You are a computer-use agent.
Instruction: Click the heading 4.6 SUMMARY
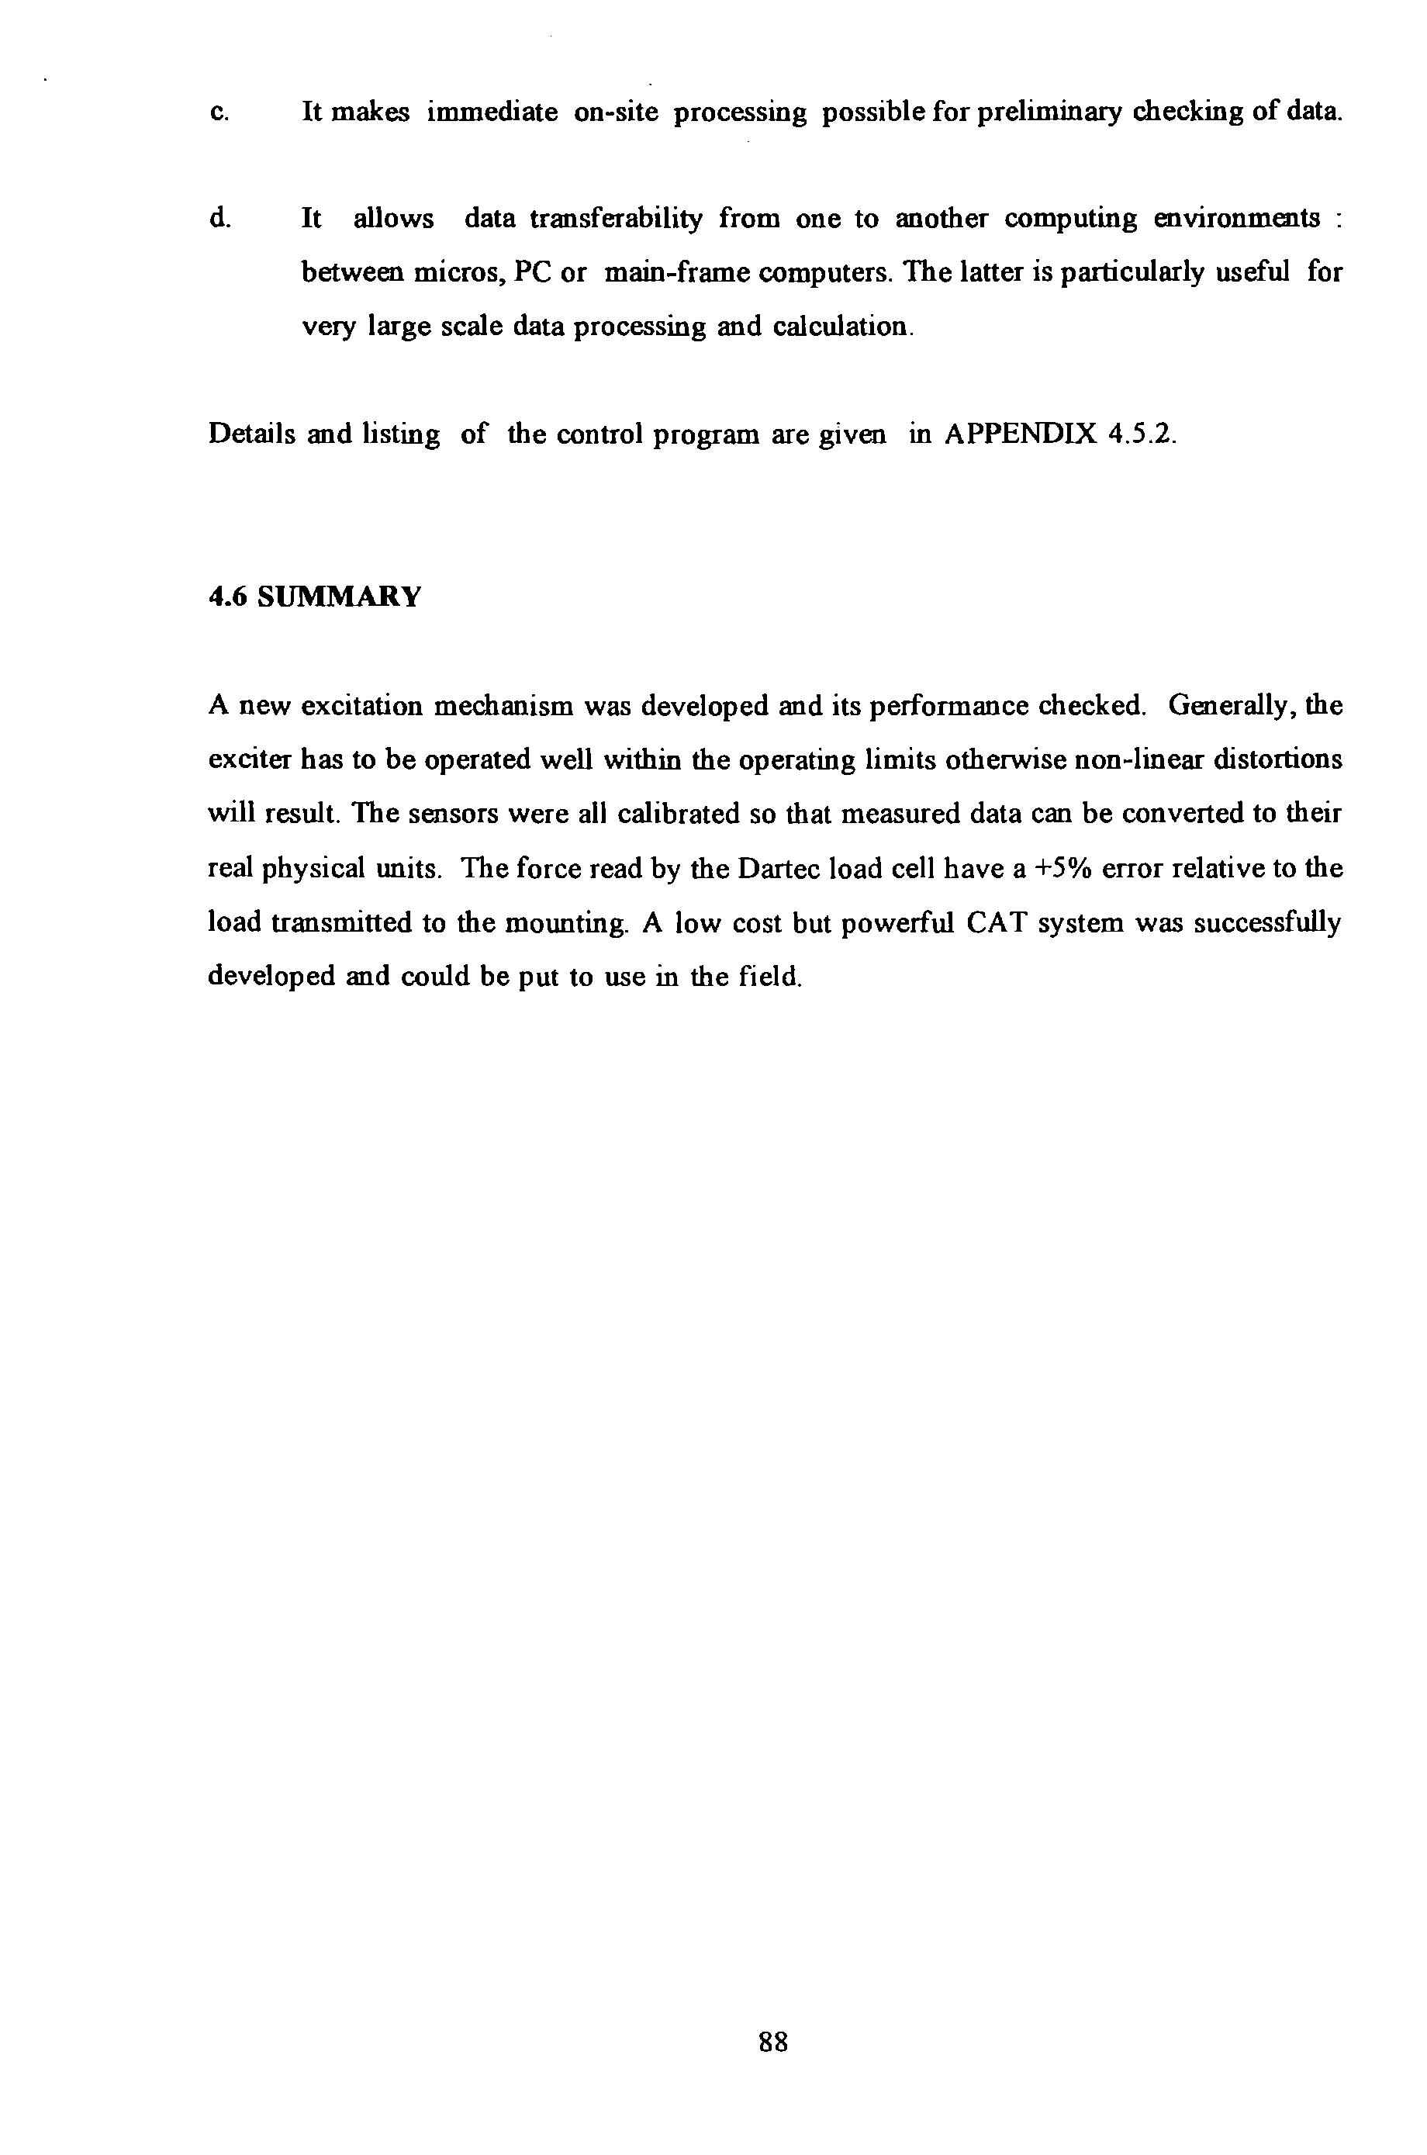tap(315, 597)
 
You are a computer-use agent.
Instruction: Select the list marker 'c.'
tap(219, 114)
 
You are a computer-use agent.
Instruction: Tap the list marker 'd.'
tap(219, 220)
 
